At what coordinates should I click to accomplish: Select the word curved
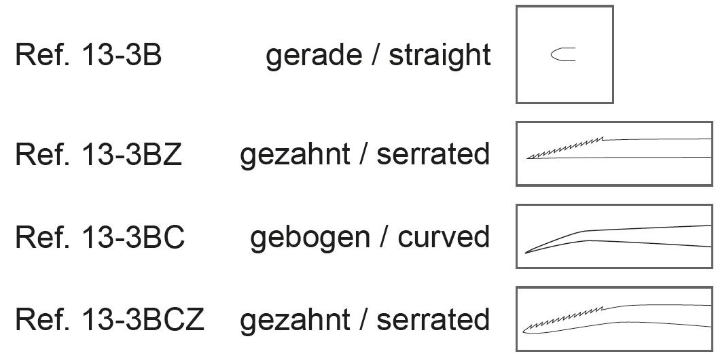[444, 238]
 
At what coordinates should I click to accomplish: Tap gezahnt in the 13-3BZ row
[295, 155]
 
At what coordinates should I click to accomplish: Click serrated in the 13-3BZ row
[433, 155]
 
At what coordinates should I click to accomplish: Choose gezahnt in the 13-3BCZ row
[295, 319]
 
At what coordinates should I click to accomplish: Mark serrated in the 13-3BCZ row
[433, 319]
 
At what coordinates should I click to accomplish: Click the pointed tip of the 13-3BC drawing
[526, 252]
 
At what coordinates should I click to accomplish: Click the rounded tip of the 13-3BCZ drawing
[526, 329]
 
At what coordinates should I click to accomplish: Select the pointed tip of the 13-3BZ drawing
[529, 158]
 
